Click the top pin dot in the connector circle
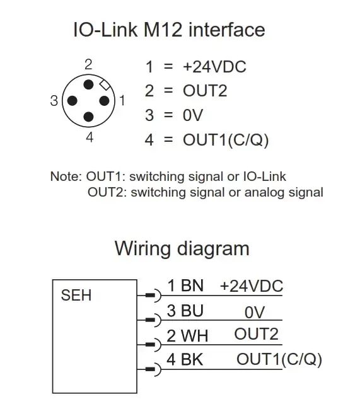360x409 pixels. [88, 85]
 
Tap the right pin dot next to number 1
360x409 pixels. [105, 101]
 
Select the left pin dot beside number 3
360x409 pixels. [73, 101]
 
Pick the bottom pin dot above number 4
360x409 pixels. [88, 117]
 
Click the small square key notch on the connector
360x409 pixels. [105, 84]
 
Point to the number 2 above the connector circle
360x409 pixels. [88, 64]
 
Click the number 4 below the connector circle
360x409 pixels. [90, 137]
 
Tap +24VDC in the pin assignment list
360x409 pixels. [214, 67]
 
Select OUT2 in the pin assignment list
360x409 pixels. [205, 91]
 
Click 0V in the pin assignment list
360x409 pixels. [193, 115]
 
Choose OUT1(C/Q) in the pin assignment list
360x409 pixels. [226, 140]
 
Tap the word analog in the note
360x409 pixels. [264, 193]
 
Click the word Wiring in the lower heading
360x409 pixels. [143, 249]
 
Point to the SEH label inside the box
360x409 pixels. [76, 296]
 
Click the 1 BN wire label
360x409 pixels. [185, 285]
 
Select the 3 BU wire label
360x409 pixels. [185, 311]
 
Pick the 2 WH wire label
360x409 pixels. [187, 336]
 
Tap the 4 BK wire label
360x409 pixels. [185, 360]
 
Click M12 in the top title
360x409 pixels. [163, 30]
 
